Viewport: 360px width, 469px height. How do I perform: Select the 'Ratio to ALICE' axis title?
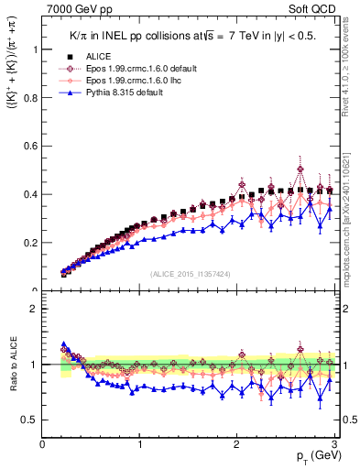12,365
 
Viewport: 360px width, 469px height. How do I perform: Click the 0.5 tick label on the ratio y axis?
30,420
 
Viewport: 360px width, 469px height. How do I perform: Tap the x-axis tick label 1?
140,444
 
